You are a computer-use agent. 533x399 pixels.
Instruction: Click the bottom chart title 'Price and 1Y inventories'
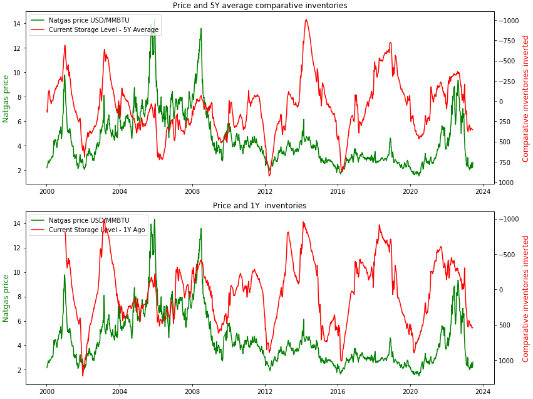260,205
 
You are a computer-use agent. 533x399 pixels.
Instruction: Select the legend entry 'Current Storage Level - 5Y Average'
103,29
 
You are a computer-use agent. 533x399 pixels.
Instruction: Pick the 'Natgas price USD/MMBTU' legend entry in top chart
89,20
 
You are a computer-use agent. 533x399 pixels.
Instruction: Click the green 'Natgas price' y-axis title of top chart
6,98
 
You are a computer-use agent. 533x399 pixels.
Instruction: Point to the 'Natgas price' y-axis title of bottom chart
6,298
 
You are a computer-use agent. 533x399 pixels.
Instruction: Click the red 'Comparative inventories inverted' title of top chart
525,98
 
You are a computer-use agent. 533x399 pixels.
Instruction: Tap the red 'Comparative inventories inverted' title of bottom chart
525,298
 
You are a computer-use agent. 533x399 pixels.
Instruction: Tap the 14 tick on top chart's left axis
18,24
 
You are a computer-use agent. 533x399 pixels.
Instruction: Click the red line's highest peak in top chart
306,19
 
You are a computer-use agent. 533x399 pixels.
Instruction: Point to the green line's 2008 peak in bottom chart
201,228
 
